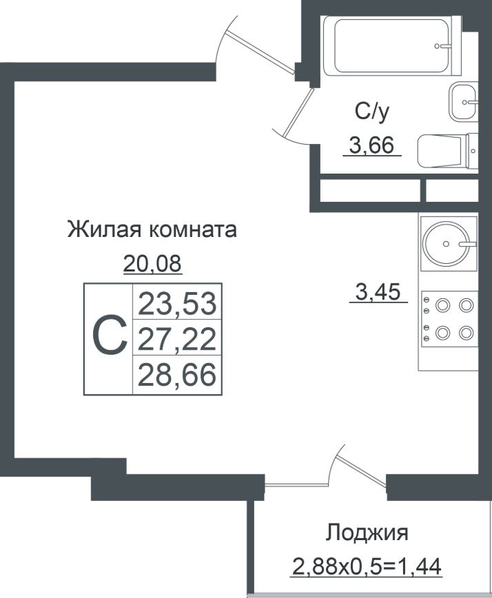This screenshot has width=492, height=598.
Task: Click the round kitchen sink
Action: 446,244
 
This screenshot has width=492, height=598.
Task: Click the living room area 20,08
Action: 153,263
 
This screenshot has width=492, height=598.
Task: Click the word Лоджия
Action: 367,533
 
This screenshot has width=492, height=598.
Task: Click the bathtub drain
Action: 442,46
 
